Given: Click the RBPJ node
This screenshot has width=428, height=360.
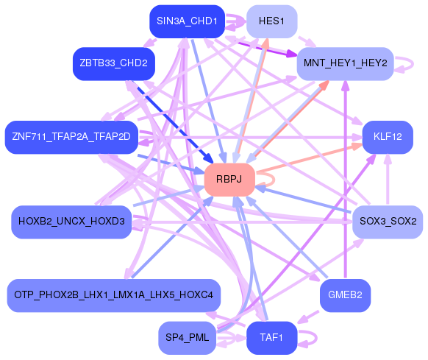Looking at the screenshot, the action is pos(229,180).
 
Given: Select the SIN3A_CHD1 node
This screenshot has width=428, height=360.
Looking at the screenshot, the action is pos(188,21).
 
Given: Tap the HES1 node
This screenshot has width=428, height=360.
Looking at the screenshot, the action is pos(271,21).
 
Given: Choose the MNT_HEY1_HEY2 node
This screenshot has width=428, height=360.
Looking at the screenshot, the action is pos(346,64).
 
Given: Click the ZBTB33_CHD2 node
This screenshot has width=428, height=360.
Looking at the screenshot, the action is pos(114,64).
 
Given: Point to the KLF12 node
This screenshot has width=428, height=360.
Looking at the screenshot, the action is pos(388,137).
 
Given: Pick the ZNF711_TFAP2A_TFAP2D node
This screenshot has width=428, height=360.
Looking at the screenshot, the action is pos(71,137).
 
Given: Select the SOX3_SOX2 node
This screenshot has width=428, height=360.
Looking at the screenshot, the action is pos(388,222).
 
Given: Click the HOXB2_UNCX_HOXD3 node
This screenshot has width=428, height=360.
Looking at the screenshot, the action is pos(71,222).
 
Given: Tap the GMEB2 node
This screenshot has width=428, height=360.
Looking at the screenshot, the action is pos(346,295).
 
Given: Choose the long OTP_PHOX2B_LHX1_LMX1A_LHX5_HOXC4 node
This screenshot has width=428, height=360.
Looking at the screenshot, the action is pos(114,295).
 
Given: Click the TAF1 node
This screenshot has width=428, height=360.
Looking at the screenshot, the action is pos(271,338).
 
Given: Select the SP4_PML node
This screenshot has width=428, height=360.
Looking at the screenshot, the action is pos(188,338).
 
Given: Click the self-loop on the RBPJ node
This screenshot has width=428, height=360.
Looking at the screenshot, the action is pos(274,180).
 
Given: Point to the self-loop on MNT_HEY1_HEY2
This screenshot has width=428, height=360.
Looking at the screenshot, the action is pos(413,64).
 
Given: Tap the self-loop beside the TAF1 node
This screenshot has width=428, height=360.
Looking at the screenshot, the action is pos(316,339).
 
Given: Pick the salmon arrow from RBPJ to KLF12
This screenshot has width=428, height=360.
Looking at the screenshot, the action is pos(310,158).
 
